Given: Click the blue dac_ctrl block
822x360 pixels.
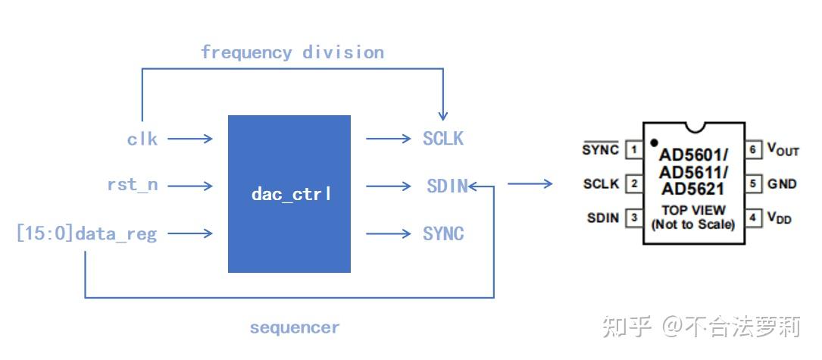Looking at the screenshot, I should [x=289, y=194].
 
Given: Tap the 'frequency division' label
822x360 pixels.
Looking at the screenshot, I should [x=292, y=52].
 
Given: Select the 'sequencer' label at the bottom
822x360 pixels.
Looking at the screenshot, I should [x=295, y=327].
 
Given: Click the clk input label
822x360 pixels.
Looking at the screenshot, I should [x=142, y=139].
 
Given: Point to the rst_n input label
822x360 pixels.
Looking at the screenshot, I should [x=133, y=184].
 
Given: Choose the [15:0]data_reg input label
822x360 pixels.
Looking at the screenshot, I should [x=86, y=233].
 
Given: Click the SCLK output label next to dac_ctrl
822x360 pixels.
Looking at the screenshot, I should [x=442, y=139].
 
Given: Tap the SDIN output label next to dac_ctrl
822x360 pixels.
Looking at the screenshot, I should [x=445, y=186].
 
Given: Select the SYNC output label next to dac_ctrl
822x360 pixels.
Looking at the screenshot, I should [x=443, y=233].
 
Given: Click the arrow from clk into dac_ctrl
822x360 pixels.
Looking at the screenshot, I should [x=190, y=139].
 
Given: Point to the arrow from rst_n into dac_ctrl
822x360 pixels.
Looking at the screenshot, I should [x=190, y=185].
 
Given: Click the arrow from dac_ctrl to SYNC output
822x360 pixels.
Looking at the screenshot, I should [x=387, y=233].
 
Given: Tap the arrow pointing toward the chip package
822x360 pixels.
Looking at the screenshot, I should [x=530, y=183].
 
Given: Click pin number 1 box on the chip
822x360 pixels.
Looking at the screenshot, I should [x=632, y=150].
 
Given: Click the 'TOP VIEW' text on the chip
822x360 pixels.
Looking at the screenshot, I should [x=693, y=210].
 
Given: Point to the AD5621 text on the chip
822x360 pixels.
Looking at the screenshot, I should [x=692, y=189].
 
